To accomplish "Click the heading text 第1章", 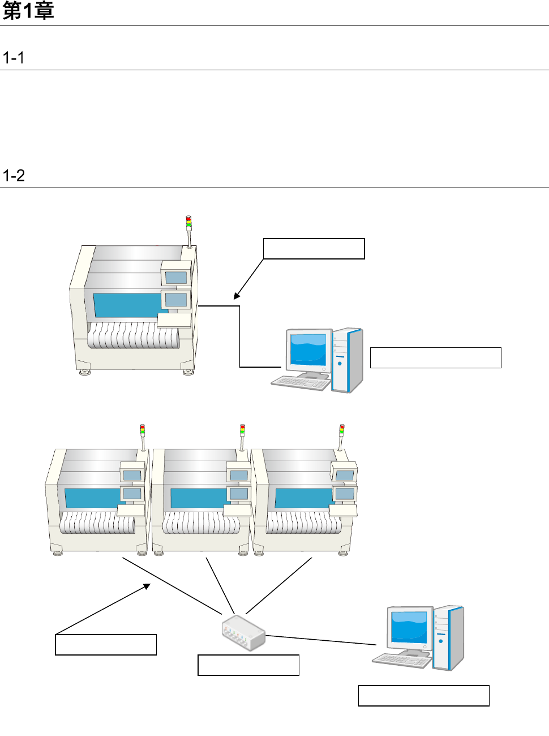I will pyautogui.click(x=28, y=11).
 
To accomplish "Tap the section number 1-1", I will pyautogui.click(x=14, y=58).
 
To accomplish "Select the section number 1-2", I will pyautogui.click(x=14, y=176).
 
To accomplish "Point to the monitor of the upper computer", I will pyautogui.click(x=308, y=350).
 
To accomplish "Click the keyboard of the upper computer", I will pyautogui.click(x=301, y=383).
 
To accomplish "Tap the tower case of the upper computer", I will pyautogui.click(x=348, y=360).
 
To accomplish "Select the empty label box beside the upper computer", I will pyautogui.click(x=435, y=358).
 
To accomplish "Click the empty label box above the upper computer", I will pyautogui.click(x=314, y=249).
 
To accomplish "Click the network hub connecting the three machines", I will pyautogui.click(x=243, y=632).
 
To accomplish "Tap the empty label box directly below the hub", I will pyautogui.click(x=248, y=665).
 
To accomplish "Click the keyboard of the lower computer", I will pyautogui.click(x=401, y=660).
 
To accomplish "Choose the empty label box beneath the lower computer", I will pyautogui.click(x=423, y=696).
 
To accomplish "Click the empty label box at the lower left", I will pyautogui.click(x=106, y=645).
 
